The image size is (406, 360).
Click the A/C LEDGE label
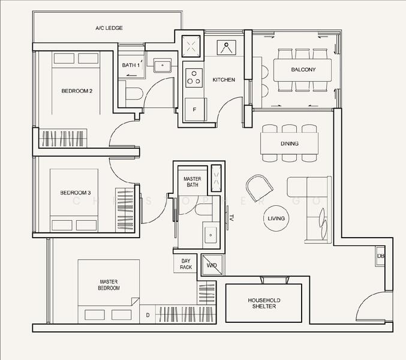(109, 28)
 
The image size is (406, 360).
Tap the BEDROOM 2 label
(77, 91)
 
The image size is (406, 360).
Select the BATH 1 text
(131, 65)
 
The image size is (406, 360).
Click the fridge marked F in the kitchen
(196, 109)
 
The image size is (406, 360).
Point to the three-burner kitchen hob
(194, 77)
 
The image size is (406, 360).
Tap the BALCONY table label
(303, 70)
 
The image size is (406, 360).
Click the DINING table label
(290, 143)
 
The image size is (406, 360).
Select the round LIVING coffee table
(276, 218)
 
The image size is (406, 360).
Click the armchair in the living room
(259, 187)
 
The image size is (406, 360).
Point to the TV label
(231, 218)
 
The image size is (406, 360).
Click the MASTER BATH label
(193, 182)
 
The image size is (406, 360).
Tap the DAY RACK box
(186, 264)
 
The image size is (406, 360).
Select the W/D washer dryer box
(212, 265)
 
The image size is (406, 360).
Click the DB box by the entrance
(381, 256)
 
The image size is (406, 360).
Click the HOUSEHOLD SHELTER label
(264, 303)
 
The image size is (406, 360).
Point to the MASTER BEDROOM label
(109, 284)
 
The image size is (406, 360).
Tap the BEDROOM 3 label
(76, 193)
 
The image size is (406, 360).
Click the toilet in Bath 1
(134, 94)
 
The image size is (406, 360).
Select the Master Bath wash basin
(210, 235)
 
